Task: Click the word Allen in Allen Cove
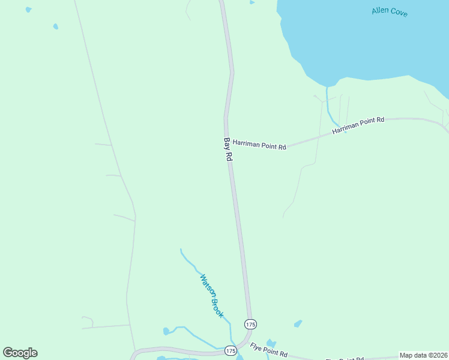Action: [x=381, y=10]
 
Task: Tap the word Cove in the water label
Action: [x=399, y=12]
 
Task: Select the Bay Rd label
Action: [x=228, y=149]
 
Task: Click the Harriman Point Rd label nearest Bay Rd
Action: [x=259, y=145]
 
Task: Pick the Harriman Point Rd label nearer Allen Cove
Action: [x=358, y=125]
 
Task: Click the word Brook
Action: [x=218, y=307]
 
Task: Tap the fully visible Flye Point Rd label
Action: [x=269, y=349]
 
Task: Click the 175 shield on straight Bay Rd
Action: [x=250, y=324]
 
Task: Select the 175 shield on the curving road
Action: [x=231, y=350]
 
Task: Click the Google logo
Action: [x=20, y=353]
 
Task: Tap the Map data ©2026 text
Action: [x=423, y=355]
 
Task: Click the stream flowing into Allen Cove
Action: [x=328, y=106]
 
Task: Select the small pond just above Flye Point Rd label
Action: [x=271, y=343]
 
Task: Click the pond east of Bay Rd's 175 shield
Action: [x=298, y=324]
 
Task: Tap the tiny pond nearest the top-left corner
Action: [x=28, y=10]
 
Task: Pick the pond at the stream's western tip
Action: [x=166, y=331]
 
